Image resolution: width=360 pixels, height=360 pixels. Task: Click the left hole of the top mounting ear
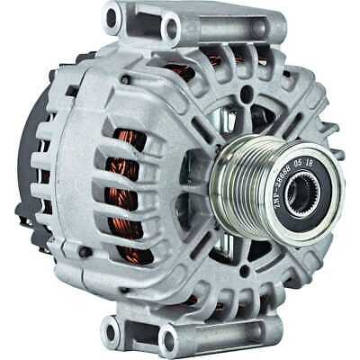pos(112,15)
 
